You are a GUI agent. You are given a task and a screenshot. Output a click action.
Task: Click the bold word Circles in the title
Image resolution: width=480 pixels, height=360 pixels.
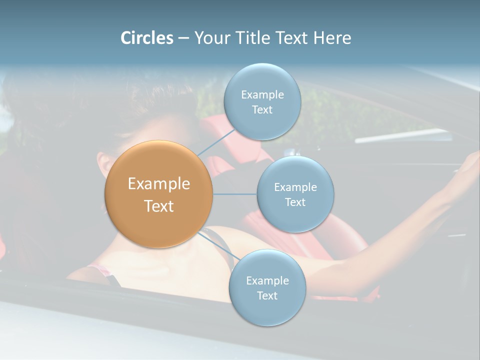pyautogui.click(x=146, y=38)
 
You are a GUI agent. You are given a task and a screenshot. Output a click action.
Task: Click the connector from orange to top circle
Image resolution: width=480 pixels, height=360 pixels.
pyautogui.click(x=216, y=142)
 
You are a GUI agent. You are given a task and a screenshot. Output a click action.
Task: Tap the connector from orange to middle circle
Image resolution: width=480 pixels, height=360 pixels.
pyautogui.click(x=234, y=194)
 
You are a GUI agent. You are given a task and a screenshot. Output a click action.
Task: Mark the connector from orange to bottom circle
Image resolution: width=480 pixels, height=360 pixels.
pyautogui.click(x=218, y=245)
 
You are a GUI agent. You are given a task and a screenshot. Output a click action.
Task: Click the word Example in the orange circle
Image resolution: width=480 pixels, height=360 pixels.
pyautogui.click(x=159, y=184)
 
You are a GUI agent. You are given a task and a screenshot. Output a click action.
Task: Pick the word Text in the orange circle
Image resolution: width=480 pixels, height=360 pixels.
pyautogui.click(x=159, y=206)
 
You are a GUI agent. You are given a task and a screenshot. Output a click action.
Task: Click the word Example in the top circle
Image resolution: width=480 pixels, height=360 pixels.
pyautogui.click(x=262, y=95)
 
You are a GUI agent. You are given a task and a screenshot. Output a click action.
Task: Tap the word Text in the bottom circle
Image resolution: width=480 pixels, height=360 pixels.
pyautogui.click(x=267, y=295)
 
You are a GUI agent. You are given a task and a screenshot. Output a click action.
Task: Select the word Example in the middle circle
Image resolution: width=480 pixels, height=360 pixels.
pyautogui.click(x=295, y=187)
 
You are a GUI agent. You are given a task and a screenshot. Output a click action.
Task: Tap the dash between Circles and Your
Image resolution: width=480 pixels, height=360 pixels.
pyautogui.click(x=183, y=38)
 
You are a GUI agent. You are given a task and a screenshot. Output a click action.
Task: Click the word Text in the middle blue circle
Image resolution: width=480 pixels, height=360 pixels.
pyautogui.click(x=295, y=202)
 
